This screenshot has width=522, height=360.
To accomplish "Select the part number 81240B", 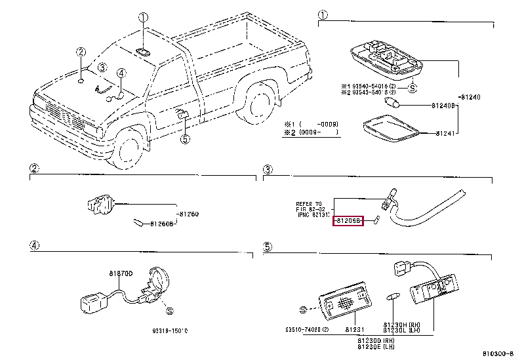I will [x=444, y=105].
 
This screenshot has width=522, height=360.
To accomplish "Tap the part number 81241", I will [x=446, y=134].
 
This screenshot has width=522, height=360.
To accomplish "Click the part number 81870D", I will [x=121, y=273].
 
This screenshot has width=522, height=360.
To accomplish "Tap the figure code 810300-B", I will [x=499, y=354].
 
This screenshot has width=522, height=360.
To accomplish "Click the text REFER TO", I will [x=309, y=203].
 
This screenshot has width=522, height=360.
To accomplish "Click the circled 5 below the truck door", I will [x=185, y=138].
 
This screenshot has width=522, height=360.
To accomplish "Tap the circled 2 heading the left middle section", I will [x=33, y=171].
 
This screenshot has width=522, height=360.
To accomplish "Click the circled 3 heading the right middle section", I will [x=268, y=171].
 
